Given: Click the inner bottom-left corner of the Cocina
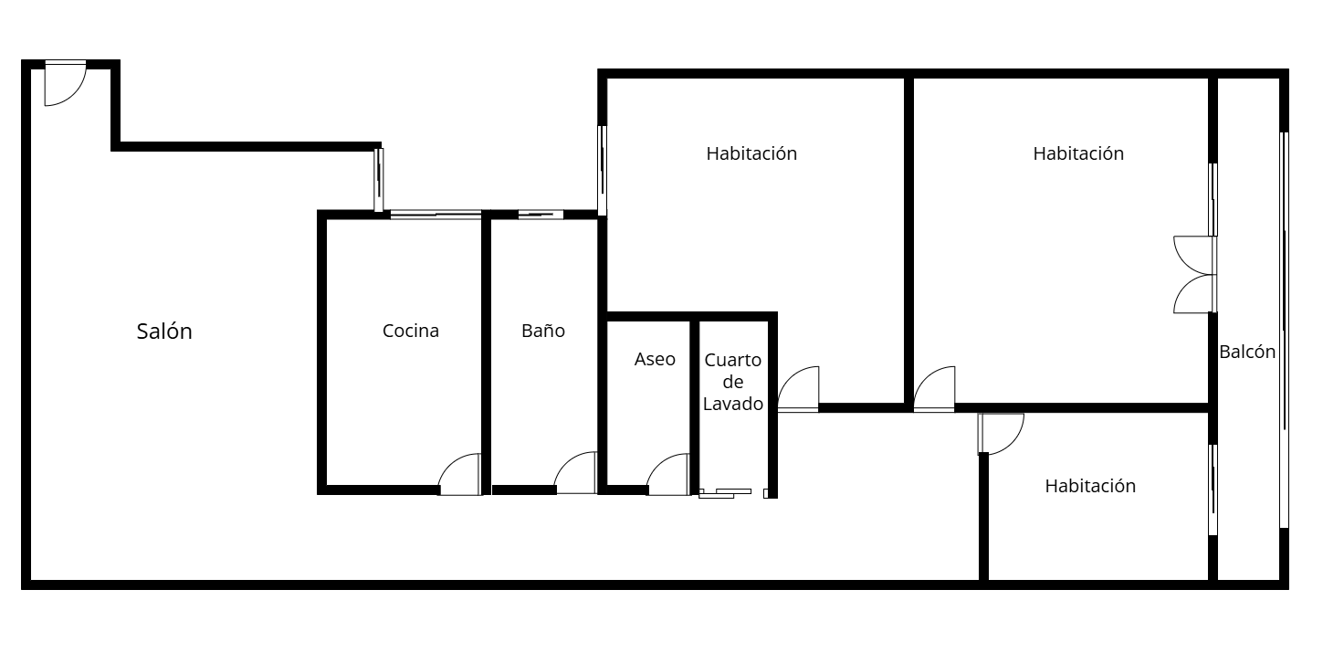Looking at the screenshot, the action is [x=327, y=485].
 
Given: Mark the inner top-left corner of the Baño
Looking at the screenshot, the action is [x=491, y=219].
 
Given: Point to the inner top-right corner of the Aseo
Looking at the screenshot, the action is [x=690, y=322].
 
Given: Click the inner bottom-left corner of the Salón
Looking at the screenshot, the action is [x=31, y=580].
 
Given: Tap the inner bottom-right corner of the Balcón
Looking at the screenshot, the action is [x=1279, y=580].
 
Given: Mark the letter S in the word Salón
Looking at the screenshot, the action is [x=142, y=332].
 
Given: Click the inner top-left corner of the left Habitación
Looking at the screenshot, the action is [x=607, y=78].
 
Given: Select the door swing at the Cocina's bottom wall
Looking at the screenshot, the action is [x=459, y=474].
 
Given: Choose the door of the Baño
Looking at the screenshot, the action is [x=575, y=473].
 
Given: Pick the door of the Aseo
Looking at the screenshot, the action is [x=668, y=474].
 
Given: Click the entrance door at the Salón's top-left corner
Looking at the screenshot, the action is [x=66, y=83].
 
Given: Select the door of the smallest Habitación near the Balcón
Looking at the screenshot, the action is [x=1001, y=434].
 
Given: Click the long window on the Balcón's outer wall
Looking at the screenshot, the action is [x=1284, y=330].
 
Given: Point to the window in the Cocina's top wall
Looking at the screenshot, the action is [x=436, y=215].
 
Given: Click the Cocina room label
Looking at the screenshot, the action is [x=411, y=331].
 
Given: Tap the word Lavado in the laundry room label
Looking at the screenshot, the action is [x=733, y=405].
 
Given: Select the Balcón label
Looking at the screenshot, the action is [x=1247, y=353].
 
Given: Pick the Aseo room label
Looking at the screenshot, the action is [x=655, y=359].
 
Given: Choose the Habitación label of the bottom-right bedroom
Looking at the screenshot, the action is [x=1090, y=486].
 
